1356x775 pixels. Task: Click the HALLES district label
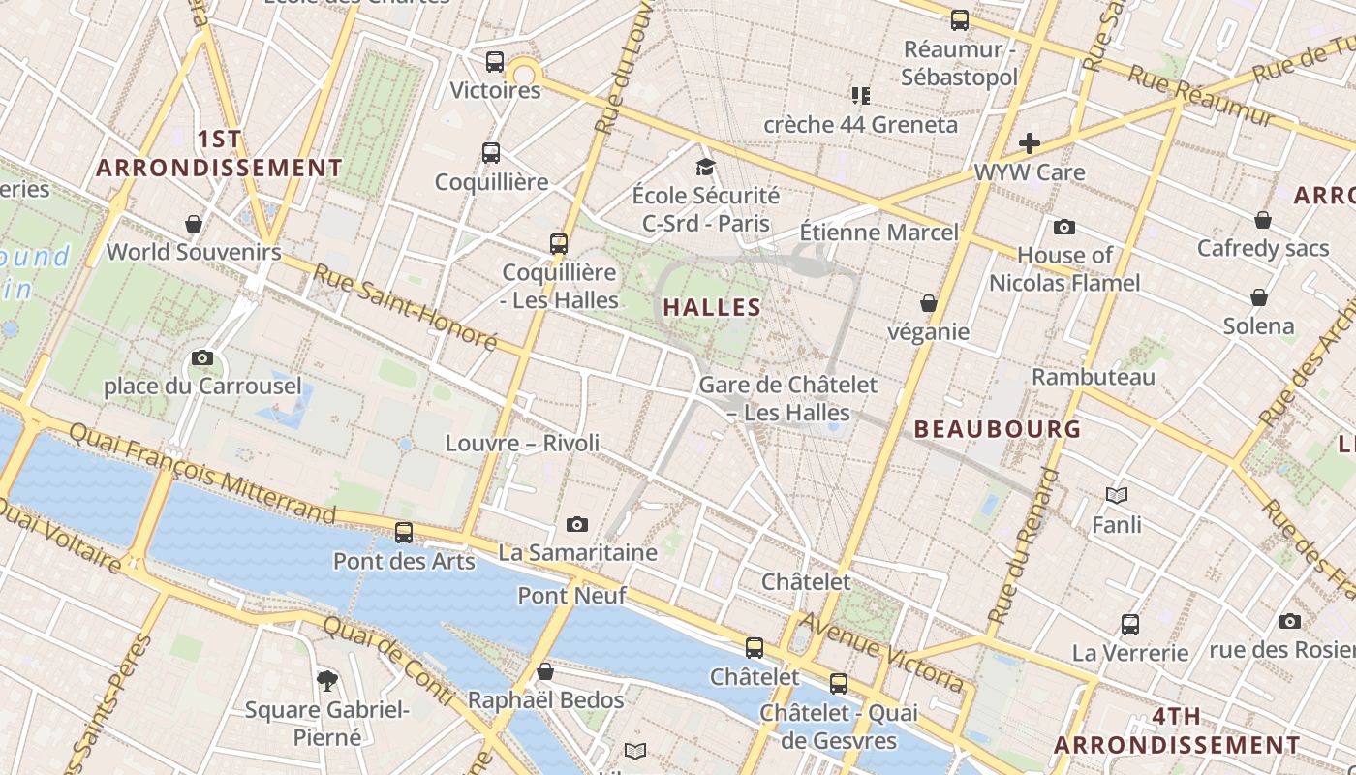tap(712, 308)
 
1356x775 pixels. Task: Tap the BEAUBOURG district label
tap(997, 428)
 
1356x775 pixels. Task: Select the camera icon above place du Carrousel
tap(202, 357)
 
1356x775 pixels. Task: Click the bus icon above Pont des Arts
tap(404, 532)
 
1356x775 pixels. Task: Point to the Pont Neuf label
tap(571, 595)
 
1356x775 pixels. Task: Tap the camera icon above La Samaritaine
tap(577, 524)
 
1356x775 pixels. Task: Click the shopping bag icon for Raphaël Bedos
tap(545, 670)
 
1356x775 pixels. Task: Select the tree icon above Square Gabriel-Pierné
tap(327, 680)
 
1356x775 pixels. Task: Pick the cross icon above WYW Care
tap(1029, 143)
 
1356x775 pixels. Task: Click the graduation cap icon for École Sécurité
tap(705, 167)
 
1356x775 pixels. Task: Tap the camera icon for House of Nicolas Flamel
tap(1064, 227)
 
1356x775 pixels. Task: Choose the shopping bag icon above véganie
tap(928, 303)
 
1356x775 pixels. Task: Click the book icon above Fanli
tap(1117, 495)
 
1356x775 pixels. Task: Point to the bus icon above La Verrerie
tap(1129, 624)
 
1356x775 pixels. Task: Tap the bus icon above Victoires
tap(495, 62)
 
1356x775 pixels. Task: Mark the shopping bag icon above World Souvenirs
tap(194, 224)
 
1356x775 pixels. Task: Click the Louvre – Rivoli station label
tap(522, 443)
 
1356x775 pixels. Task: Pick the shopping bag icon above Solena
tap(1258, 296)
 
